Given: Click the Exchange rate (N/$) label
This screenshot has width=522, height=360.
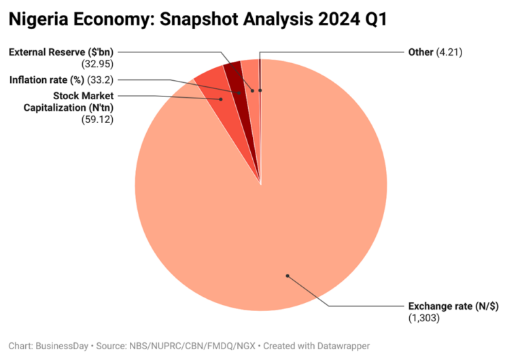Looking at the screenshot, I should pos(453,306).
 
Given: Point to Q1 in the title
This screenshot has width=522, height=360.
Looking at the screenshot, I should pos(375,20).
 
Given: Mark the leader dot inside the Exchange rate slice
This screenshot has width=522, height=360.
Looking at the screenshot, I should pos(288,276).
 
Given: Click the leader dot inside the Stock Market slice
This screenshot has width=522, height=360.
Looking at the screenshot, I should pos(221,99).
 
